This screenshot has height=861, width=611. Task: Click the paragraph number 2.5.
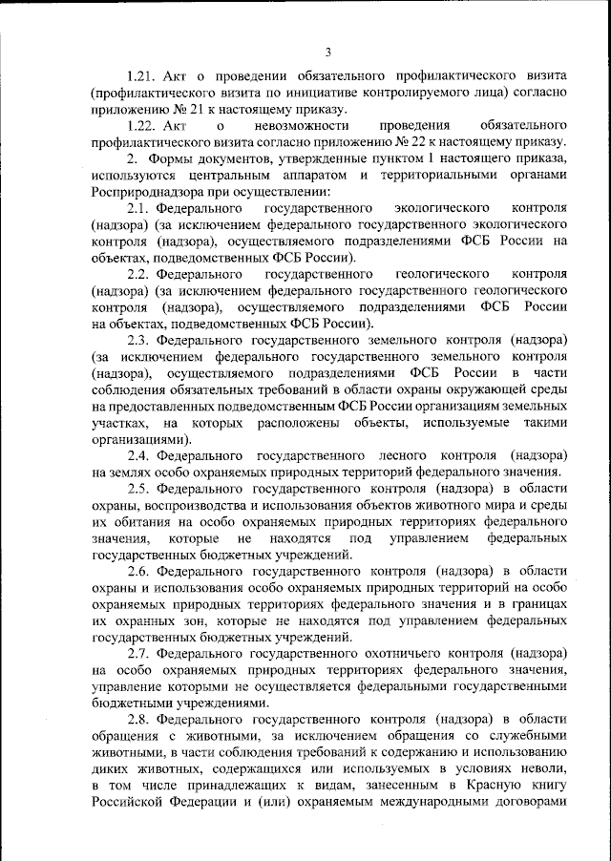tap(137, 491)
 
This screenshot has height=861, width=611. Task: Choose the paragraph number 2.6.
tap(137, 571)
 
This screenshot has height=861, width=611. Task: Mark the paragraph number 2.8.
tap(137, 716)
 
